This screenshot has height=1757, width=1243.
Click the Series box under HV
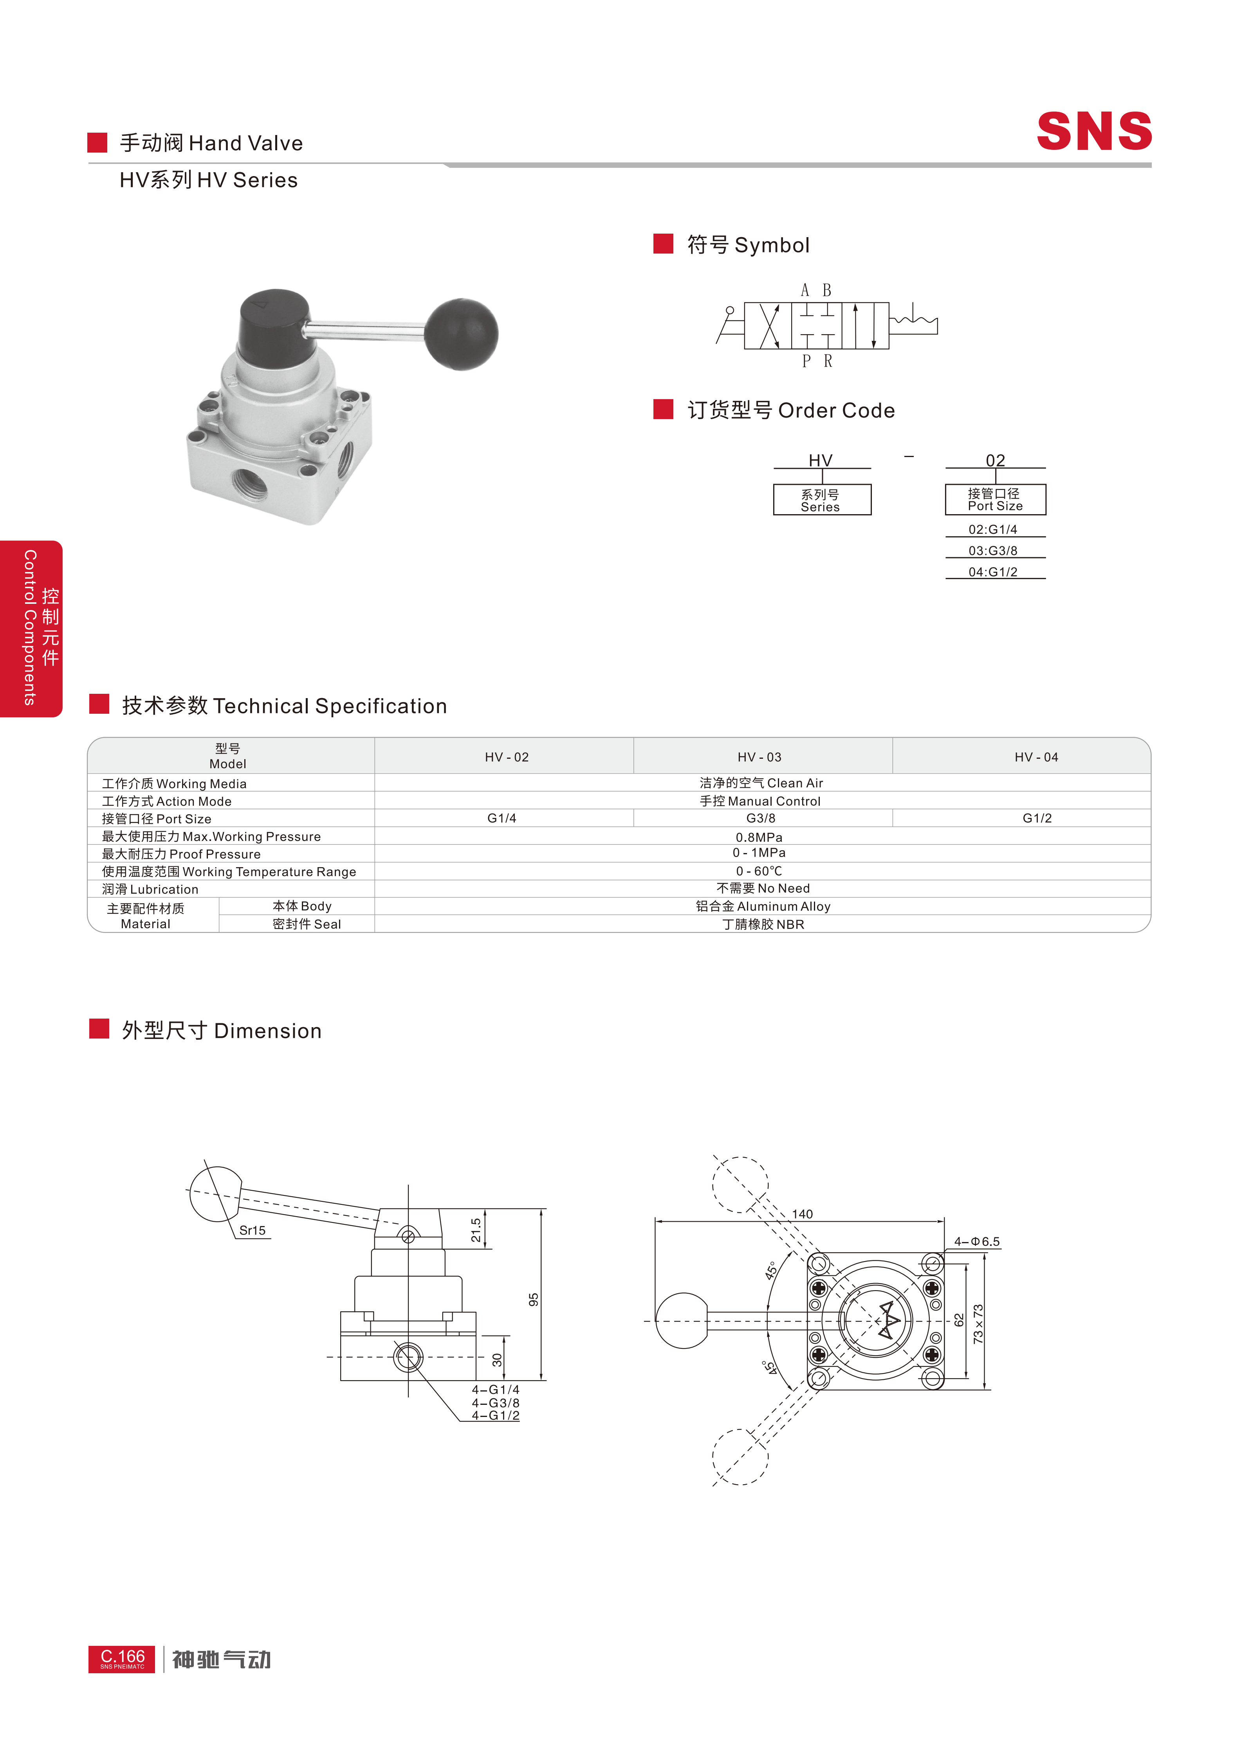coord(821,500)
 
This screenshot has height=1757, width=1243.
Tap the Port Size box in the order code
coord(995,500)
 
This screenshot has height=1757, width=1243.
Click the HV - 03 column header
coord(759,757)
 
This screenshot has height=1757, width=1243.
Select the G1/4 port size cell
coord(502,818)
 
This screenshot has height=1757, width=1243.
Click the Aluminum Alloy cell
coord(763,906)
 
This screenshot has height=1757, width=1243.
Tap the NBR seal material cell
coord(763,924)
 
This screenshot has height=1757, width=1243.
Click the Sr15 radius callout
coord(253,1231)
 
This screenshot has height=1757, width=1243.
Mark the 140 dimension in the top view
coord(802,1214)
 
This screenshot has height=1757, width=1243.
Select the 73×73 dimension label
coord(978,1325)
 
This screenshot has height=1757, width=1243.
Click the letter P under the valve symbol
coord(806,361)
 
